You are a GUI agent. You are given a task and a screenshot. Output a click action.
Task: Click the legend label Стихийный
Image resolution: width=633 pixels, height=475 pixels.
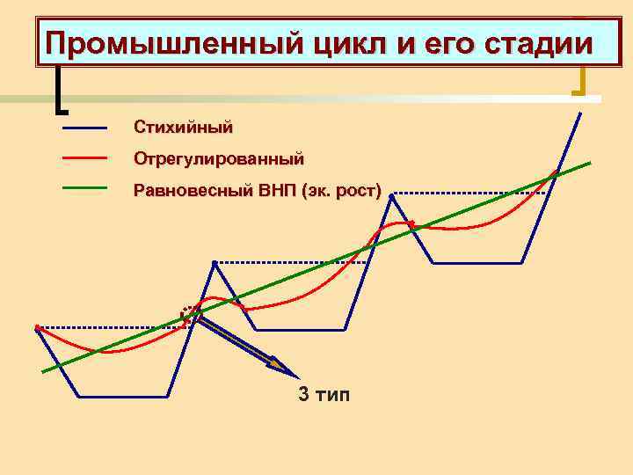coord(183,128)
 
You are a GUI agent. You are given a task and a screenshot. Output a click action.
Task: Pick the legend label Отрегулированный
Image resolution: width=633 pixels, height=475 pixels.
coord(218,159)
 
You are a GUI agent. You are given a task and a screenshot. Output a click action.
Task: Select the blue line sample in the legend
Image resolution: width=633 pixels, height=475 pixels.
coord(84,128)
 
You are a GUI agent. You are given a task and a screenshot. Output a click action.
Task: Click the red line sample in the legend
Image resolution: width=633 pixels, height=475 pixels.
coord(84,158)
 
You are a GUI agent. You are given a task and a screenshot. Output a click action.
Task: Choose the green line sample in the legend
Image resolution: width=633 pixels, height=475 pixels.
coord(84,187)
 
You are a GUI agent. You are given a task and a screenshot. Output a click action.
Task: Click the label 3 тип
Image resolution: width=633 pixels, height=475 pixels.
coord(324,394)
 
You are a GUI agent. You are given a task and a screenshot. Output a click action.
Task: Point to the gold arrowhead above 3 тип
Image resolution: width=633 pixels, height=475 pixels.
coord(278,362)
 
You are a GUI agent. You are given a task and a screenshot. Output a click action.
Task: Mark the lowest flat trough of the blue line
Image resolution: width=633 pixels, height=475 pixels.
coord(123,397)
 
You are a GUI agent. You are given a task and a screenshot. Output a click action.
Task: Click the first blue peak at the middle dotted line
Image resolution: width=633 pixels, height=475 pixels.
coord(215,262)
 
